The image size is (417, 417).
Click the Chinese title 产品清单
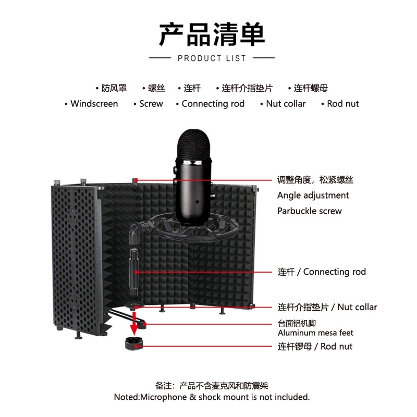[x=212, y=34]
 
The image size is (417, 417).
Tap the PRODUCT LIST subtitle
[x=212, y=58]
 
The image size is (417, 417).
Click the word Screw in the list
[x=151, y=104]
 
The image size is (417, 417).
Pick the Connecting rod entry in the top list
[x=213, y=104]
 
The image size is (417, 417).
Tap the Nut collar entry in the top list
[x=286, y=104]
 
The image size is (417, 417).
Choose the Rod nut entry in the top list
[x=343, y=104]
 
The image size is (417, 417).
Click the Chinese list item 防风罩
[x=114, y=88]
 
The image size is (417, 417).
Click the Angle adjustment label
[x=313, y=195]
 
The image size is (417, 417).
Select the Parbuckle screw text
[x=309, y=211]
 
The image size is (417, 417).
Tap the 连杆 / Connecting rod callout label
[x=321, y=272]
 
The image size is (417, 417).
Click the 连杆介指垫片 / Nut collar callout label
[x=327, y=307]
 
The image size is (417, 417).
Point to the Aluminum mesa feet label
[x=315, y=333]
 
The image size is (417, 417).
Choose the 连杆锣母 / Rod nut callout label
[x=315, y=346]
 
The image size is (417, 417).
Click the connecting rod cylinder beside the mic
[x=133, y=272]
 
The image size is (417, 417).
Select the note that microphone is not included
[x=212, y=397]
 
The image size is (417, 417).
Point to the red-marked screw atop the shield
[x=135, y=180]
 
